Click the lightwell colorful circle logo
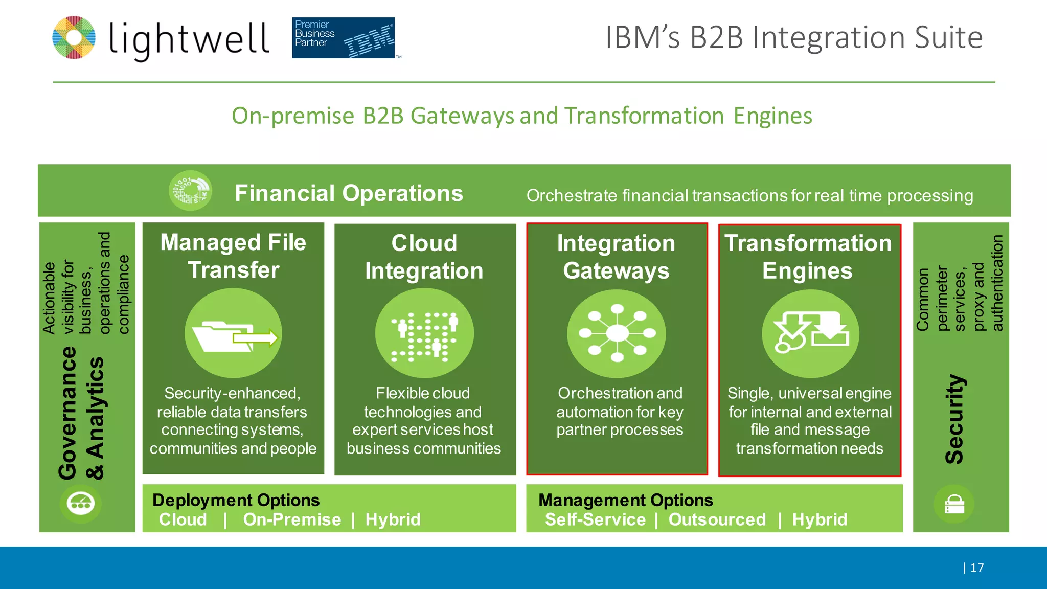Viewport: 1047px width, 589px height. click(x=74, y=37)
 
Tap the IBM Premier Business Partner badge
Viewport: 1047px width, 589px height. click(x=344, y=38)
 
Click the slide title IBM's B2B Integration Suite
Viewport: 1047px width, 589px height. click(x=793, y=37)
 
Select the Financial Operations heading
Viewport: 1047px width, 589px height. click(x=349, y=193)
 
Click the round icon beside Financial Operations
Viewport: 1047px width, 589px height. click(x=190, y=191)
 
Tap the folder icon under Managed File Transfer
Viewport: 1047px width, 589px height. click(x=234, y=334)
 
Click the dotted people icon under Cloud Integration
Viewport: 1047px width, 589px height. click(x=424, y=334)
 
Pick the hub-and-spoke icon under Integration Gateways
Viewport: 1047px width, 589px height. click(x=617, y=334)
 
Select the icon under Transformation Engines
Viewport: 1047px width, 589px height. click(x=810, y=334)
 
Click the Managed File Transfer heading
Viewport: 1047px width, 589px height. click(x=233, y=256)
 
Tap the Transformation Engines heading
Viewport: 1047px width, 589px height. click(x=808, y=257)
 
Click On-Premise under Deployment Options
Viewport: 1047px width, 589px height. click(x=292, y=519)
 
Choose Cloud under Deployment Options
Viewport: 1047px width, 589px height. click(x=183, y=519)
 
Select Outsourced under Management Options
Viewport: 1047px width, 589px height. click(x=717, y=519)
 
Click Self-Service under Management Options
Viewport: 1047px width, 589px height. click(x=595, y=519)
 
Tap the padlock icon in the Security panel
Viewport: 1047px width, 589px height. click(x=954, y=504)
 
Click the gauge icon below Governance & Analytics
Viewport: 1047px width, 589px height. click(x=81, y=503)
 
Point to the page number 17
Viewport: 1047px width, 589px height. click(x=976, y=568)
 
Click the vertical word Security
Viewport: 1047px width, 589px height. click(x=954, y=419)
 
